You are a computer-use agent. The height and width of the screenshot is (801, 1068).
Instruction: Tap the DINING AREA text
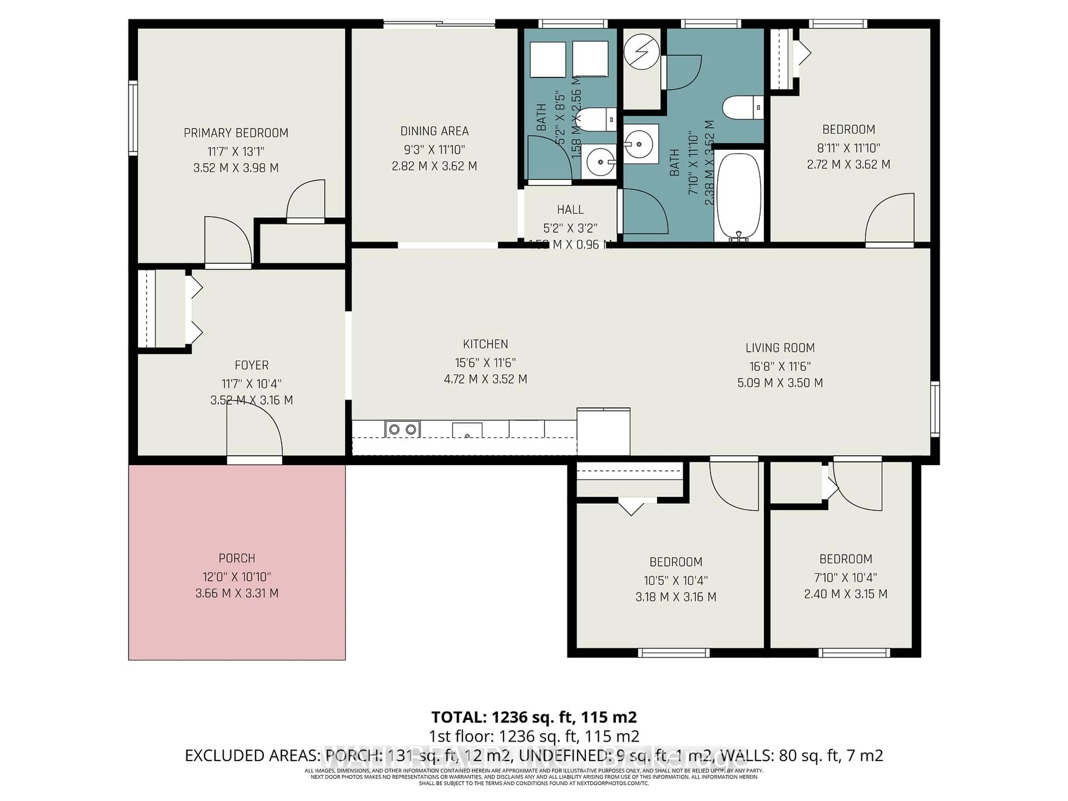pyautogui.click(x=434, y=131)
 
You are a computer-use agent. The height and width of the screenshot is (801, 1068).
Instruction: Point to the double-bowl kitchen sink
pyautogui.click(x=402, y=429)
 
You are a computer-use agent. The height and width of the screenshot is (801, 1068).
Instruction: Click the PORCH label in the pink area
pyautogui.click(x=237, y=558)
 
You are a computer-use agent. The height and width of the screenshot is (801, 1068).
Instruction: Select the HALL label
pyautogui.click(x=570, y=209)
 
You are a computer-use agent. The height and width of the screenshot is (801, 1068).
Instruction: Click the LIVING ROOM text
pyautogui.click(x=780, y=348)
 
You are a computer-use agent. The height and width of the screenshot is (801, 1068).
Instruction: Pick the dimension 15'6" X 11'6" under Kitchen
pyautogui.click(x=485, y=363)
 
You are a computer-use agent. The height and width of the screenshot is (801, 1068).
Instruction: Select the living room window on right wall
pyautogui.click(x=935, y=409)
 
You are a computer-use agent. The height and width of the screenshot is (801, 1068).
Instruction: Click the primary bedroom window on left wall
pyautogui.click(x=133, y=118)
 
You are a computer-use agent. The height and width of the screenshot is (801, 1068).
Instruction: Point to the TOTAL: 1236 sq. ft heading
pyautogui.click(x=533, y=717)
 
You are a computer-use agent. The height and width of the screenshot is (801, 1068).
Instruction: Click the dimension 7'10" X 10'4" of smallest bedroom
pyautogui.click(x=845, y=577)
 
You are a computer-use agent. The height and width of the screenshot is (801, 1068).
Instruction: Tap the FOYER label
pyautogui.click(x=251, y=365)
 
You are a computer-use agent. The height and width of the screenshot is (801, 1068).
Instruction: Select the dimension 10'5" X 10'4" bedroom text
pyautogui.click(x=676, y=580)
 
